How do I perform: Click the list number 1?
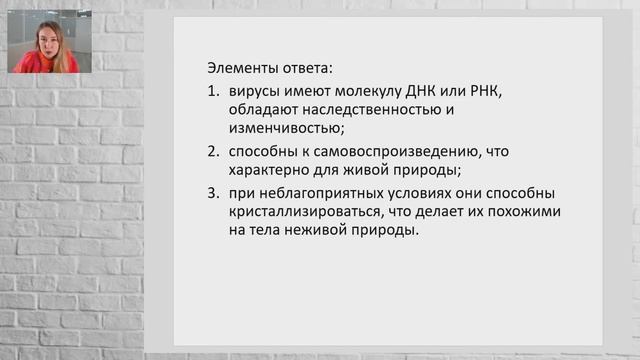point(212,92)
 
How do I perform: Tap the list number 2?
point(212,152)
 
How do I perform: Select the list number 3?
point(212,193)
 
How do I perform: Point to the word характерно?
point(271,170)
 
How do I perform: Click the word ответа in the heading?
point(305,69)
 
